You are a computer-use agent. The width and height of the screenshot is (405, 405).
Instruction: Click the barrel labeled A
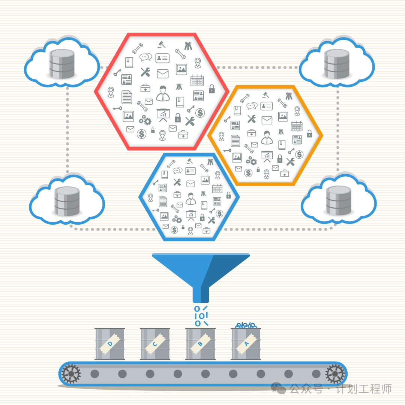tap(246, 344)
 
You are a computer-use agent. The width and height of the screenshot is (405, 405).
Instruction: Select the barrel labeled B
tap(200, 344)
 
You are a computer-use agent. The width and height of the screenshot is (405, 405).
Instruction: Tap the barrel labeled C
tap(155, 344)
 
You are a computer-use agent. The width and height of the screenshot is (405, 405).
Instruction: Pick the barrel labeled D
tap(109, 344)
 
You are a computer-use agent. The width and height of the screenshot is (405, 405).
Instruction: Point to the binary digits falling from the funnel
tap(201, 316)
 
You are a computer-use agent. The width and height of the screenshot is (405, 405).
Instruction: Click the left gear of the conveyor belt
tap(71, 373)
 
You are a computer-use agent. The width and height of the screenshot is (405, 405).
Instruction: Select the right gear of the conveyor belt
tap(335, 373)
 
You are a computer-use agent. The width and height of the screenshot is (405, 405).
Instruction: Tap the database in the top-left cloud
tap(62, 64)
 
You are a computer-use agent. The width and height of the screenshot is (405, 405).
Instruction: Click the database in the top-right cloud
tap(337, 64)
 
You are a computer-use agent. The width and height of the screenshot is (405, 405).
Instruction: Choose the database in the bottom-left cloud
tap(67, 201)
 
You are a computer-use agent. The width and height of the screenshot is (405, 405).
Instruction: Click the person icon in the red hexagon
tap(163, 93)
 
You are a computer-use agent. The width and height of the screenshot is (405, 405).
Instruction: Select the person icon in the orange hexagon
tap(267, 137)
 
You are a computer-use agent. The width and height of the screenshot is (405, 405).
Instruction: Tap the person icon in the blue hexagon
tap(190, 198)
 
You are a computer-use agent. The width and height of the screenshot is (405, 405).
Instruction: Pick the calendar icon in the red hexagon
tap(197, 80)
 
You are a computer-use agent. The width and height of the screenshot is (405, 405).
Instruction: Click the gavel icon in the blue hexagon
tap(190, 161)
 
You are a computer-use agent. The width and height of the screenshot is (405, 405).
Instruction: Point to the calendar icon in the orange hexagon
tap(297, 126)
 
